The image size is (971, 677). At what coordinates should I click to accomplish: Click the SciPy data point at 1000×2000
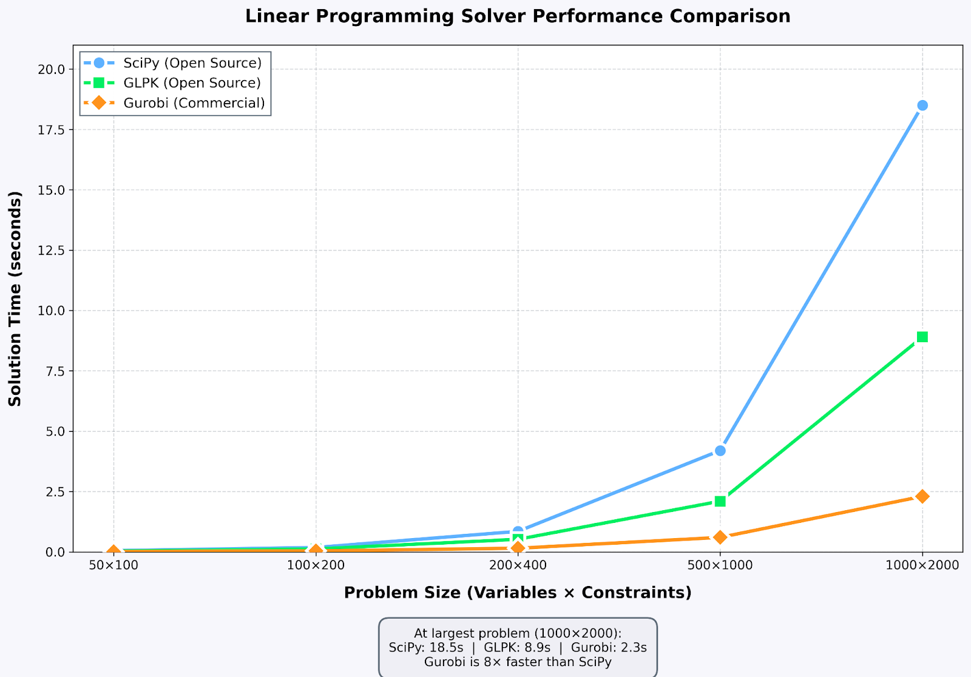click(x=922, y=106)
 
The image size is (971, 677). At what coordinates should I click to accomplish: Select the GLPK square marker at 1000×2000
click(x=922, y=337)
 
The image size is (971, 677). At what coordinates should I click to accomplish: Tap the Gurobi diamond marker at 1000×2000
click(x=922, y=496)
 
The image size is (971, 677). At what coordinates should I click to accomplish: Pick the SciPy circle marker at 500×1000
click(x=720, y=451)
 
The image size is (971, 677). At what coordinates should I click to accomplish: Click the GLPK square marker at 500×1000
click(x=720, y=501)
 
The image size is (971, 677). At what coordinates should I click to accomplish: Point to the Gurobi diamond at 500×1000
click(x=720, y=537)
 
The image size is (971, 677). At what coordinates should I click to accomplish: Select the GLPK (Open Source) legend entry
click(x=192, y=83)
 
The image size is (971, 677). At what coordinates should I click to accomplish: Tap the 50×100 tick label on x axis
click(x=113, y=565)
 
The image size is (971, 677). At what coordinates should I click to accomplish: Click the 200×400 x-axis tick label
click(x=518, y=565)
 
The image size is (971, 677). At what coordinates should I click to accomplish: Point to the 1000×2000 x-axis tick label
click(x=922, y=565)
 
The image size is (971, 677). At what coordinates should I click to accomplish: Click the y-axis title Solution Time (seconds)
click(x=15, y=298)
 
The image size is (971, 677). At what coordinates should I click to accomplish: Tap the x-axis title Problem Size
click(x=518, y=593)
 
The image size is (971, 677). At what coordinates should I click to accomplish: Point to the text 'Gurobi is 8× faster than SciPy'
click(x=518, y=662)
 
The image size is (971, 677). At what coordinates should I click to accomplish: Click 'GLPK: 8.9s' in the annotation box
click(x=517, y=647)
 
